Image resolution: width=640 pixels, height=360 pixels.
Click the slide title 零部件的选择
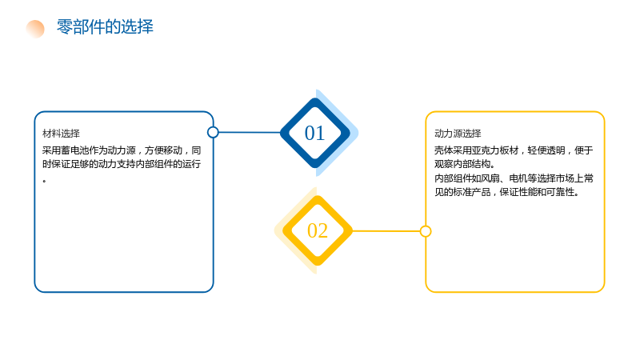point(105,27)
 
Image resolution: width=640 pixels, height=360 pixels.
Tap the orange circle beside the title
point(35,29)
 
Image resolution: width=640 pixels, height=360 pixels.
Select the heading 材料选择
point(62,134)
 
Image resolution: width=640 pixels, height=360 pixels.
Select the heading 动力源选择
point(458,134)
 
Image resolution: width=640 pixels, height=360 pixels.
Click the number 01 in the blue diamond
point(314,133)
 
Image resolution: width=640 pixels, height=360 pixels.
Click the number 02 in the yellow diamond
point(318,230)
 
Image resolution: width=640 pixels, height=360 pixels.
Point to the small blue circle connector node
point(213,132)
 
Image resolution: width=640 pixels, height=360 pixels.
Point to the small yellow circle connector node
point(426,231)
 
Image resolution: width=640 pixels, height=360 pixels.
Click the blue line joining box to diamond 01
point(250,132)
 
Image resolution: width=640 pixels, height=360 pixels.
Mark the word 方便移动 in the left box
point(163,150)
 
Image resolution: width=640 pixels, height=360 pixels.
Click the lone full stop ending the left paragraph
point(44,181)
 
